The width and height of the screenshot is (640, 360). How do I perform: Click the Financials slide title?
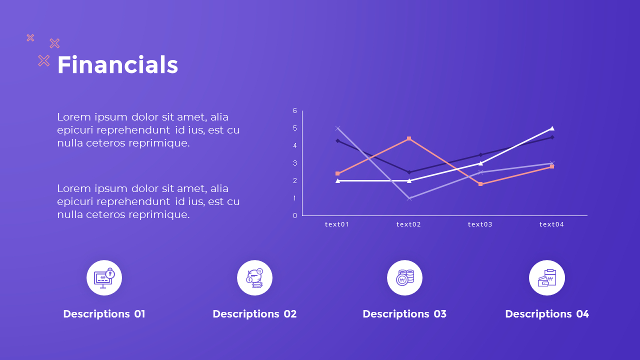tap(117, 65)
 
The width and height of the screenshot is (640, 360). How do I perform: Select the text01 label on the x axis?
tap(337, 224)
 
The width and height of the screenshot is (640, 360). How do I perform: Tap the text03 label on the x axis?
tap(480, 224)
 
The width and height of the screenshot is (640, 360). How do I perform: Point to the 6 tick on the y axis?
tap(295, 110)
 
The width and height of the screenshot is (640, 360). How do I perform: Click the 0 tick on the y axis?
tap(295, 215)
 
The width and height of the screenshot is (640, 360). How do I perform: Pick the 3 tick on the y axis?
tap(295, 163)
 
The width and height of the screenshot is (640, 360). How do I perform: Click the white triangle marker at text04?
tap(552, 128)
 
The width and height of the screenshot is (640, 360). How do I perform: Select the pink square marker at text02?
tap(409, 138)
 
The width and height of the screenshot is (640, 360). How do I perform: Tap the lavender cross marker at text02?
tap(409, 198)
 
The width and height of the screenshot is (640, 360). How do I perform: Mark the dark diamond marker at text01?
tap(337, 141)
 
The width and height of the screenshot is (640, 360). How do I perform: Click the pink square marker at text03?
tap(480, 184)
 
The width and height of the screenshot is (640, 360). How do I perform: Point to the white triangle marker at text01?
tap(337, 180)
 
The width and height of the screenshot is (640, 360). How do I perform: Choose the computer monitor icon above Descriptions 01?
tap(104, 278)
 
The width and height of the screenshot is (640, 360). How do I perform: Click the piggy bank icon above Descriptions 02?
tap(254, 278)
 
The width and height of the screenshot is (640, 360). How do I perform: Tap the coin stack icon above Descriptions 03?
tap(404, 278)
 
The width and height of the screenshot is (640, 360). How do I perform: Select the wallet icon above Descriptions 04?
tap(547, 278)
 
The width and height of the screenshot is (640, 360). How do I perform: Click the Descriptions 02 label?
tap(254, 314)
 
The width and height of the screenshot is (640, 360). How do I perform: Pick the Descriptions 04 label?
tap(547, 314)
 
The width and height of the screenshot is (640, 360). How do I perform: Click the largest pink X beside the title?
tap(44, 61)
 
